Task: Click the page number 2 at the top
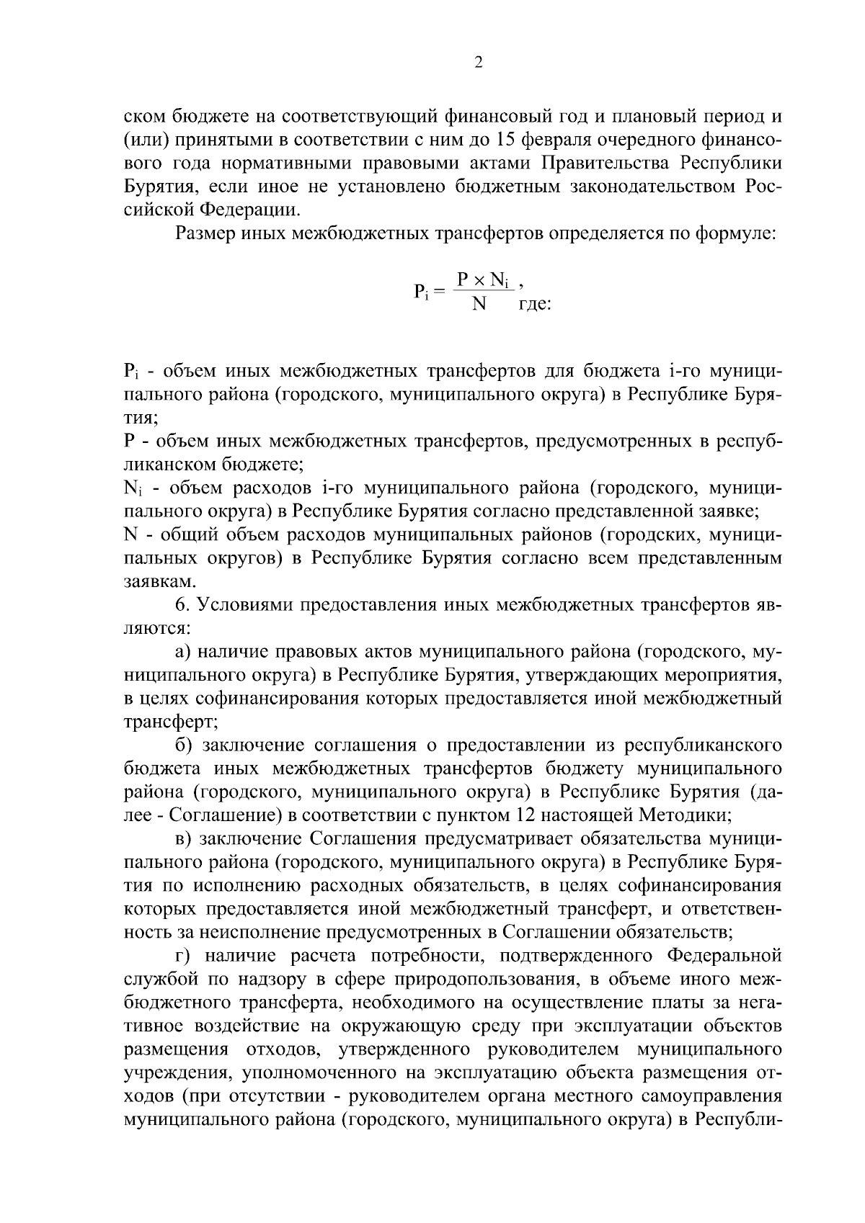click(478, 63)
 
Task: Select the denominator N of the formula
click(479, 303)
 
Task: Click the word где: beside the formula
click(535, 304)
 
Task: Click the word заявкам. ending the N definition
click(150, 581)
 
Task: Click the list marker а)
click(182, 652)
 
